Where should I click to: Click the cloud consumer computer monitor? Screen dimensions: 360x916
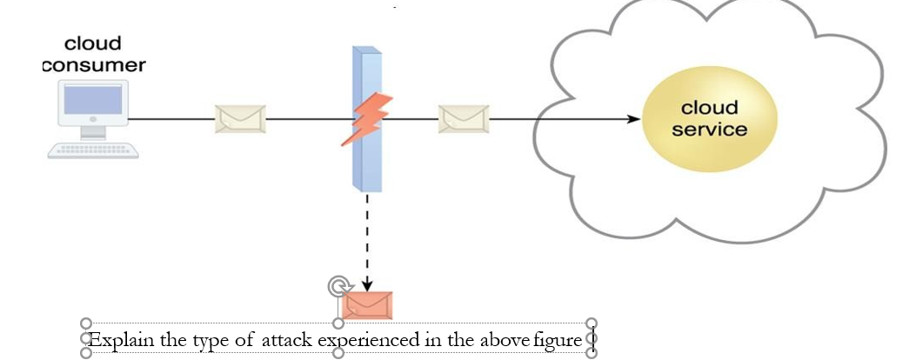tap(93, 103)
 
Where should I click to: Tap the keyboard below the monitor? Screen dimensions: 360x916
tap(93, 150)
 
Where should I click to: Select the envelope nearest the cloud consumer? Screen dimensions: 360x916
tap(239, 118)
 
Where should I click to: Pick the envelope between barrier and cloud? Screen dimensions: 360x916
tap(464, 118)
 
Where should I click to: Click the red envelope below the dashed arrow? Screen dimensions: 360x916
tap(367, 305)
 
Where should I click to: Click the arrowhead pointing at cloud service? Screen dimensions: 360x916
tap(633, 118)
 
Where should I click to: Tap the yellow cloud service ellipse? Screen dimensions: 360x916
tap(708, 118)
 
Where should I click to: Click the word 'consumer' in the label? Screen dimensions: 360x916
tap(94, 65)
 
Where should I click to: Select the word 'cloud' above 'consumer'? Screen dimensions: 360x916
tap(93, 43)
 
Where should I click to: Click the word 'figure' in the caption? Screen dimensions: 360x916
tap(557, 339)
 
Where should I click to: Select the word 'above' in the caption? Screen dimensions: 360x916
tap(504, 339)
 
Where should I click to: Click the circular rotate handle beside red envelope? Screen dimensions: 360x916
tap(337, 286)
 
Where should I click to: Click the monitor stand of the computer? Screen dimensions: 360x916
tap(93, 133)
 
